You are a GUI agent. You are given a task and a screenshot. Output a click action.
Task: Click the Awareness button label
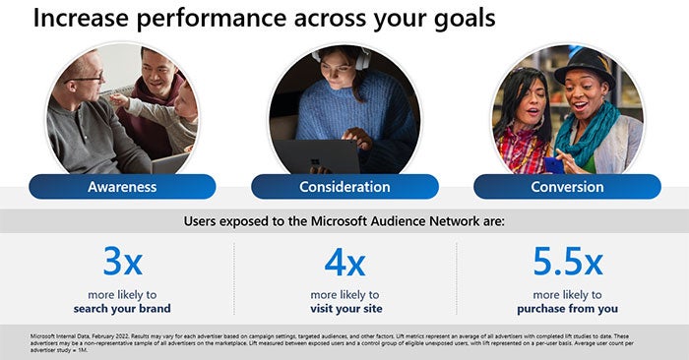point(121,187)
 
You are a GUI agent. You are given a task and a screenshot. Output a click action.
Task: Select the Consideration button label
point(344,187)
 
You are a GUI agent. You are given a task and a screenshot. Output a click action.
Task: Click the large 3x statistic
point(122,262)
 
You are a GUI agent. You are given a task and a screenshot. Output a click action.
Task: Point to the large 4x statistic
point(344,263)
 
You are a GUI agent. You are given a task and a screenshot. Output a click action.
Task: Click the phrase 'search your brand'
point(122,309)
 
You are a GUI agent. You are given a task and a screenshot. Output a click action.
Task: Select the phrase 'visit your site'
point(344,309)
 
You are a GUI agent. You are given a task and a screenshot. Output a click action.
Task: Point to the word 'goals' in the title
point(462,19)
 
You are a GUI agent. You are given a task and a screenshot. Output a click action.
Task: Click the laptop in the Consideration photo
point(315,157)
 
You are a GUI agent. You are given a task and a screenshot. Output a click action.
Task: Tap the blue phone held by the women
point(553,161)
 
